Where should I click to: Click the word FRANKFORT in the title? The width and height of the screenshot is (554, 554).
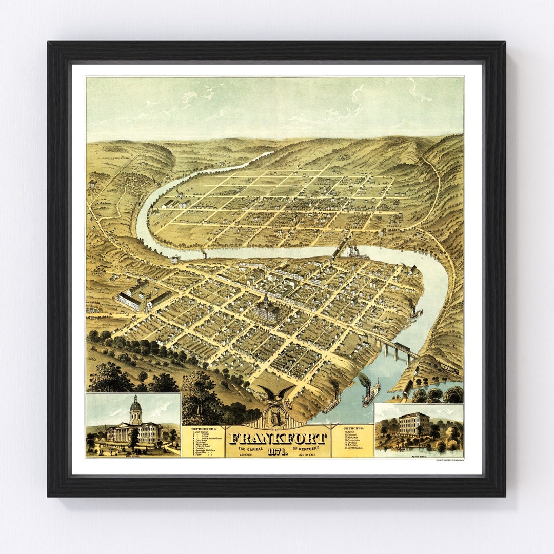tap(278, 439)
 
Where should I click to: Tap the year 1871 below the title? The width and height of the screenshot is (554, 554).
tap(277, 451)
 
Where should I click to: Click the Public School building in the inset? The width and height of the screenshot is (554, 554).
tap(413, 424)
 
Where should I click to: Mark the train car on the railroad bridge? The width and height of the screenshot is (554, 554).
tap(401, 347)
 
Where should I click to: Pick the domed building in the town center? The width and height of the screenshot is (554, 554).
tap(266, 309)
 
